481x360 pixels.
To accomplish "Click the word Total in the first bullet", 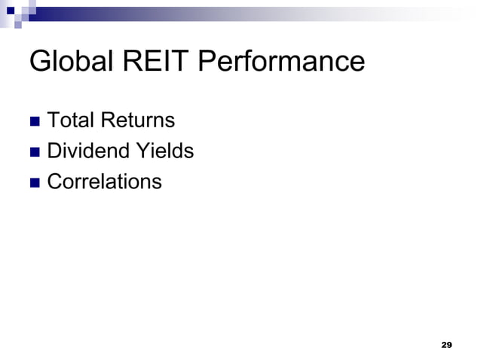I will tap(68, 121).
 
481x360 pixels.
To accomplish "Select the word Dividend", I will tap(84, 151).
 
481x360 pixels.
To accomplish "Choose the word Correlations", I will tap(104, 182).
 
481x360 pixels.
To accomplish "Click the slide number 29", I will tap(446, 344).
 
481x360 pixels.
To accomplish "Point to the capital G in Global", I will tap(39, 63).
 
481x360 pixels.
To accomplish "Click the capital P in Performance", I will tap(210, 63).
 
